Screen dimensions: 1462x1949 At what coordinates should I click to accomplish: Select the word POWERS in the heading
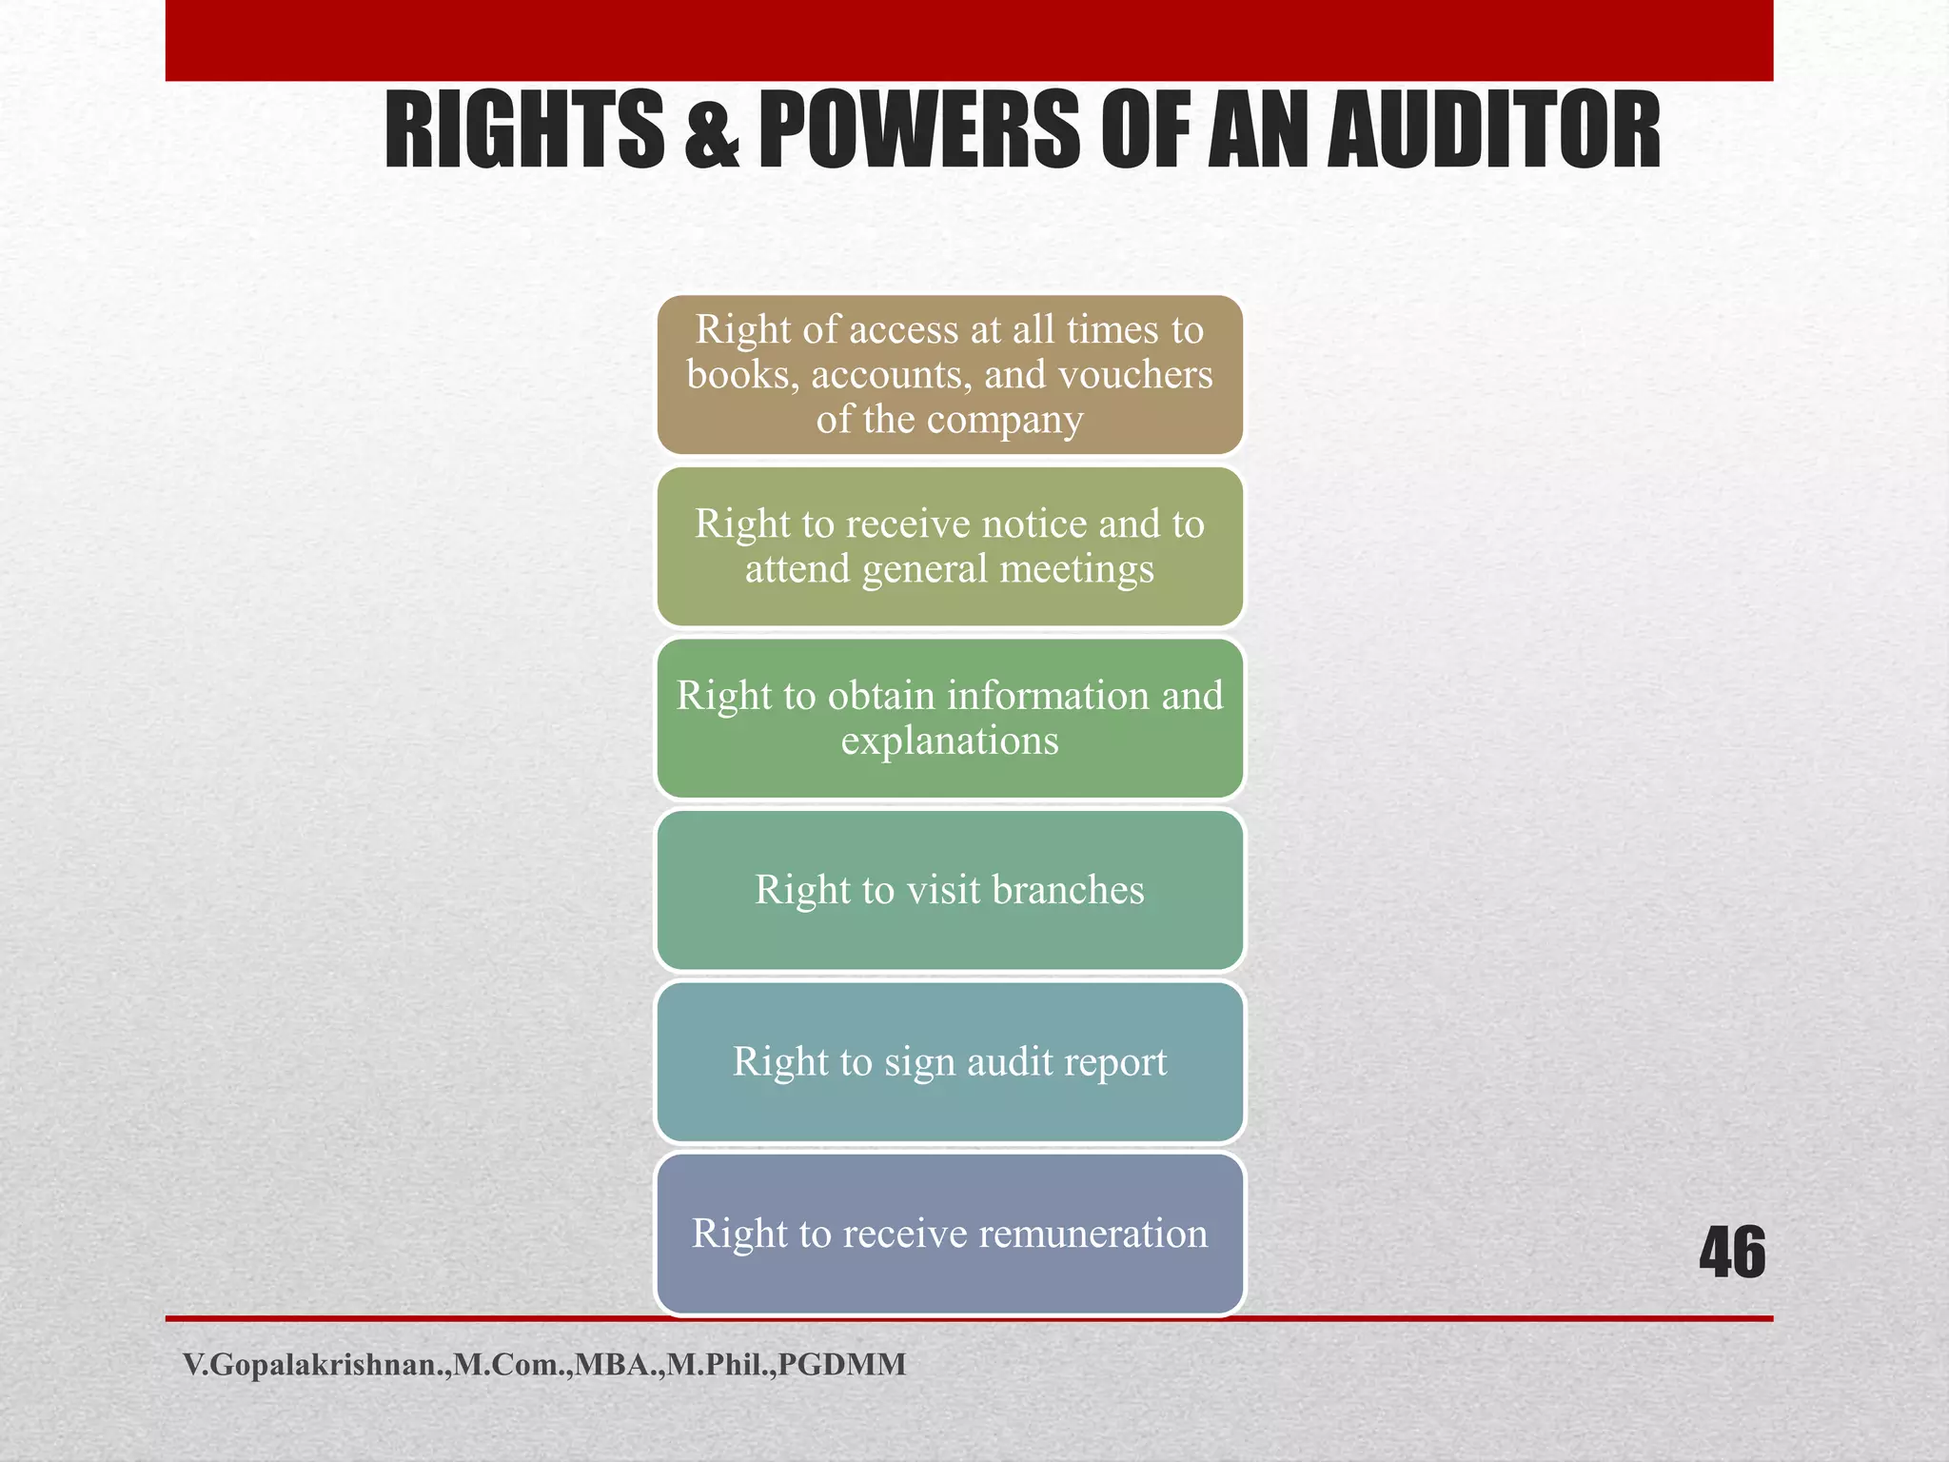pos(919,130)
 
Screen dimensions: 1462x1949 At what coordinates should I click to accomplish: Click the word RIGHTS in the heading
pos(524,130)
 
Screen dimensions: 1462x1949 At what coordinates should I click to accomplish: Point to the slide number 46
pos(1732,1253)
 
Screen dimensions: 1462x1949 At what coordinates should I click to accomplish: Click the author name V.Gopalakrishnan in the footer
pos(314,1365)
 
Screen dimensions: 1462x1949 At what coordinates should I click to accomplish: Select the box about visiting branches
pos(950,890)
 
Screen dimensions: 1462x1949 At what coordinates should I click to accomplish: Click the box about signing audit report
pos(950,1061)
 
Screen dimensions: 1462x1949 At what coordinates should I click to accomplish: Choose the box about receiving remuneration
pos(950,1234)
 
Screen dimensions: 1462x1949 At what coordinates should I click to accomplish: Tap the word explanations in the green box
pos(950,741)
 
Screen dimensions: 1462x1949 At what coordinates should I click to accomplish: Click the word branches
pos(1068,890)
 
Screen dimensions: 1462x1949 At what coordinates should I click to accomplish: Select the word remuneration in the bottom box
pos(1093,1234)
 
